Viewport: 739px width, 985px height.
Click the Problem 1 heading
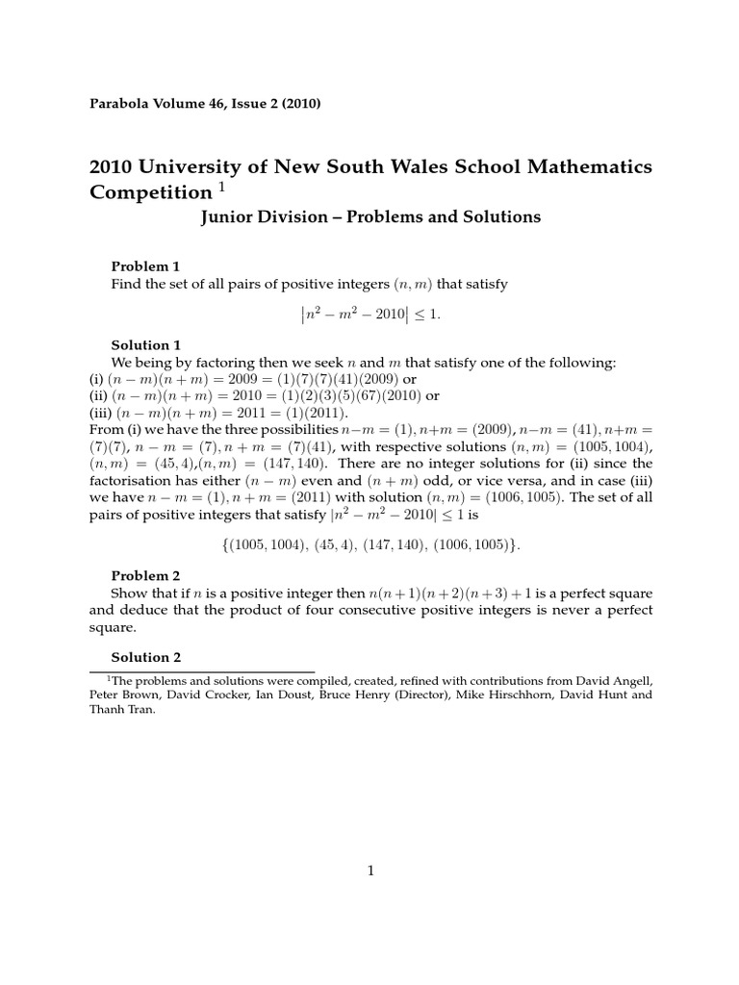point(145,266)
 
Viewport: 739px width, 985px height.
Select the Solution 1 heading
point(145,344)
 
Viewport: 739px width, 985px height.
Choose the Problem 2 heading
point(145,575)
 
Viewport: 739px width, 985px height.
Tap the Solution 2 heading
point(145,658)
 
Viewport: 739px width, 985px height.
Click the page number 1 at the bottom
point(369,871)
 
